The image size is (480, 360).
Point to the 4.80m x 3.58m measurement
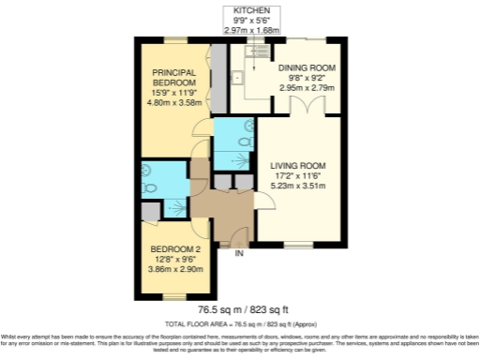click(x=174, y=102)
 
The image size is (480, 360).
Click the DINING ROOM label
click(x=305, y=68)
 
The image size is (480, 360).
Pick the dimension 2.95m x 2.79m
click(x=305, y=87)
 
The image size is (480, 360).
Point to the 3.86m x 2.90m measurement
click(x=176, y=269)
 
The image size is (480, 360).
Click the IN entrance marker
click(x=239, y=253)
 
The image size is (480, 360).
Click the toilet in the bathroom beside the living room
click(x=245, y=141)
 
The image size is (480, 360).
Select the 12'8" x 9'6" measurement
click(x=176, y=259)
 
